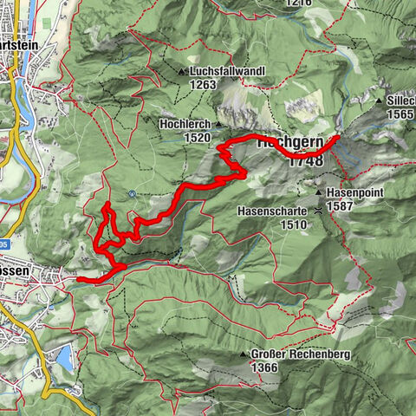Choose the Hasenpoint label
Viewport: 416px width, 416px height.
pos(356,192)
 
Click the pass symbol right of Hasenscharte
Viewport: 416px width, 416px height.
pos(322,210)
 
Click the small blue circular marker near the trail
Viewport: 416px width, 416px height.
pos(131,193)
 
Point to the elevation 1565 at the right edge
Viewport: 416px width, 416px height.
pos(401,114)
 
